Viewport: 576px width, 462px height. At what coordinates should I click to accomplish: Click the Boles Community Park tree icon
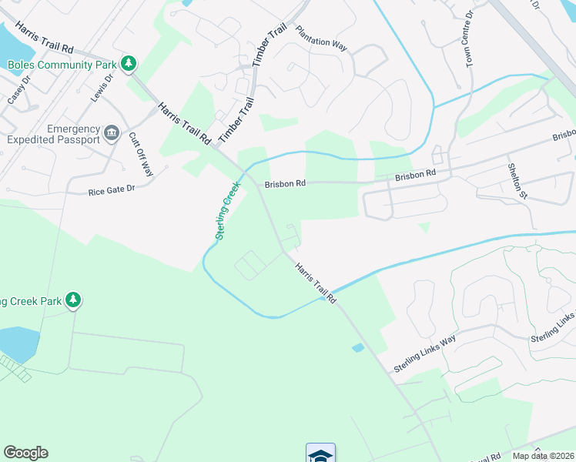(x=131, y=63)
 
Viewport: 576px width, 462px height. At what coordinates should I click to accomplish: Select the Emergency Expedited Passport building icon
(x=112, y=134)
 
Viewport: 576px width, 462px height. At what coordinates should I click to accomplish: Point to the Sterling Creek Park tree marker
(x=73, y=299)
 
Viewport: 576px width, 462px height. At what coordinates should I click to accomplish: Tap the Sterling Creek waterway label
(x=229, y=210)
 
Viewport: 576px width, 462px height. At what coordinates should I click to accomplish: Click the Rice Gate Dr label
(x=112, y=189)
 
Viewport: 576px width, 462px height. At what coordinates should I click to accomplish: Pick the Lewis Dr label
(x=102, y=87)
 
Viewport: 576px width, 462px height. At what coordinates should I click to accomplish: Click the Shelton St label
(x=516, y=180)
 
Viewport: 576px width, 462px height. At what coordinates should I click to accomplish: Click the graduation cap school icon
(x=320, y=454)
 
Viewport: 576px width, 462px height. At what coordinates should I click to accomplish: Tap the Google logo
(x=25, y=453)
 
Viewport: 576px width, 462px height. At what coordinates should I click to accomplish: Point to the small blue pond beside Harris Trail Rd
(x=357, y=348)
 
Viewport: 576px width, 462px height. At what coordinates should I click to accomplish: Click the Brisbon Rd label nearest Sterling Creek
(x=286, y=184)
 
